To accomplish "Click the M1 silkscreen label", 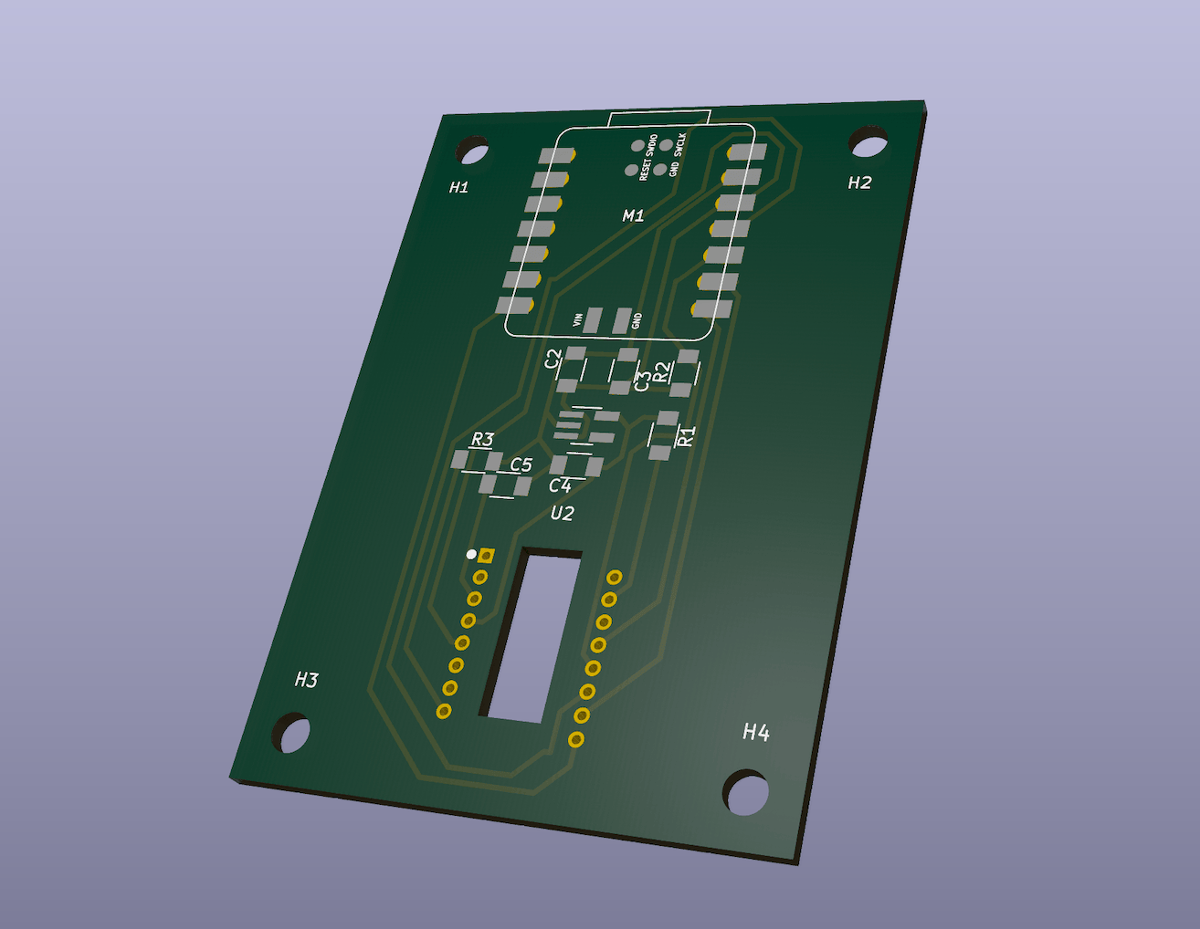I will point(633,216).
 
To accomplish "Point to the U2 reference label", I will point(562,514).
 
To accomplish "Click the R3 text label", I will point(482,440).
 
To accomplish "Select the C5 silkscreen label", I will point(521,465).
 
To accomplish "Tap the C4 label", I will point(559,486).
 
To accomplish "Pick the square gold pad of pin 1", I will point(488,555).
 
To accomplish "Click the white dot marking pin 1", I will point(471,554).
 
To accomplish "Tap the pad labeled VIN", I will point(593,320).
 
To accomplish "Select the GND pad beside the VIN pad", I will point(621,321).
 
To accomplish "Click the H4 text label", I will point(755,732).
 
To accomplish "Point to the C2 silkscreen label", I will point(553,360).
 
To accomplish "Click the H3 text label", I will point(306,680).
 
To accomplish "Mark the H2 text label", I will point(858,183).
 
